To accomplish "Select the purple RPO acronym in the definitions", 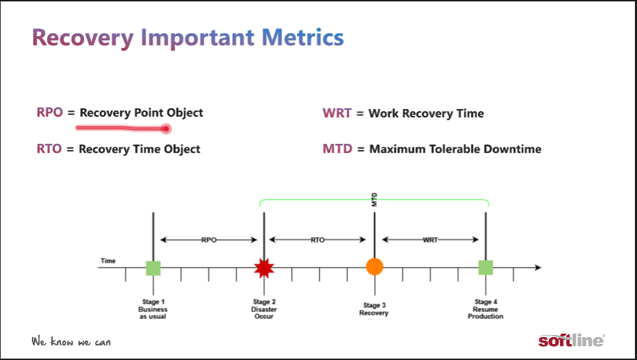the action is (x=49, y=112).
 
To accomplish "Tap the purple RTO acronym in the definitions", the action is (x=49, y=149).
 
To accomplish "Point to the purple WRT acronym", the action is (x=337, y=113).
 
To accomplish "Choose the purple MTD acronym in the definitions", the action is (x=337, y=149).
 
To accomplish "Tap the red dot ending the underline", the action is (x=166, y=129).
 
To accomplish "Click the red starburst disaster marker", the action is (x=264, y=268).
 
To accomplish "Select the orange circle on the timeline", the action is (x=374, y=267).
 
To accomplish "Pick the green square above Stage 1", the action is (x=153, y=268).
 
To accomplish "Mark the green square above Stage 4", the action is (x=486, y=268).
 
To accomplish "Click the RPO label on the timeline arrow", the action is (x=209, y=240).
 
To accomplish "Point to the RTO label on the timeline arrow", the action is (x=317, y=240).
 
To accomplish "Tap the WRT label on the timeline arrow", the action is (x=430, y=240).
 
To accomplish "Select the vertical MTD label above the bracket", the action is (x=374, y=199).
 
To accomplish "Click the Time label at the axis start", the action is (x=108, y=261).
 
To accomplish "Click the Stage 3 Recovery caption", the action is (x=374, y=309).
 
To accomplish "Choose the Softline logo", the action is (x=572, y=340).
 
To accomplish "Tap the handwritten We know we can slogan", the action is (x=71, y=341).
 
